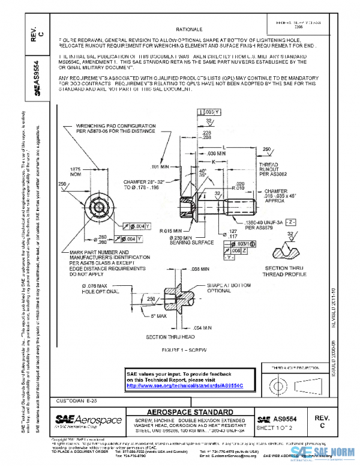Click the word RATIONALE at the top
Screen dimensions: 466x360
[189, 29]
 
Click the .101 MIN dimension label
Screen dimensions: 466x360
[161, 166]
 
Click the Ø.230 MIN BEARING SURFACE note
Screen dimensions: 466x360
[177, 241]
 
